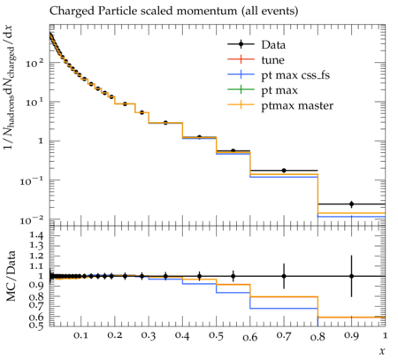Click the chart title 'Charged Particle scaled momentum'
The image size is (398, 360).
coord(143,11)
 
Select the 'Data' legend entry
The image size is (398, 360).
coord(256,44)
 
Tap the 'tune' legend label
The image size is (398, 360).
coord(272,60)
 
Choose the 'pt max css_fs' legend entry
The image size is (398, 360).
coord(279,75)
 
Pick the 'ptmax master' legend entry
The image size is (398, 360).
coord(280,105)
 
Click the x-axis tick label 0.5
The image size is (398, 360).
coord(216,336)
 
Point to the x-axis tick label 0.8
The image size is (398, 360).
coord(318,336)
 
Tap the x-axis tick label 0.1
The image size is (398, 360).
coord(80,335)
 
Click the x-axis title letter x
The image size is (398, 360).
coord(382,351)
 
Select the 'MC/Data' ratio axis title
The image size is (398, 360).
coord(11,276)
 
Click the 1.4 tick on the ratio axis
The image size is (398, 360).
coord(37,235)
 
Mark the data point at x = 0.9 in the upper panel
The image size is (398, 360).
coord(351,204)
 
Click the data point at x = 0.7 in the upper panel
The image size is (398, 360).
coord(284,171)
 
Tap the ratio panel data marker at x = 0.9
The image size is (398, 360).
coord(351,276)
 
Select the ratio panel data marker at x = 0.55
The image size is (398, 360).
coord(233,277)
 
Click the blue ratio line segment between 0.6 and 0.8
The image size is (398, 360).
coord(284,309)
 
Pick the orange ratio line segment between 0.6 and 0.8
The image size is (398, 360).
coord(284,296)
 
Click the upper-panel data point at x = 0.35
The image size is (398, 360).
coord(165,123)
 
